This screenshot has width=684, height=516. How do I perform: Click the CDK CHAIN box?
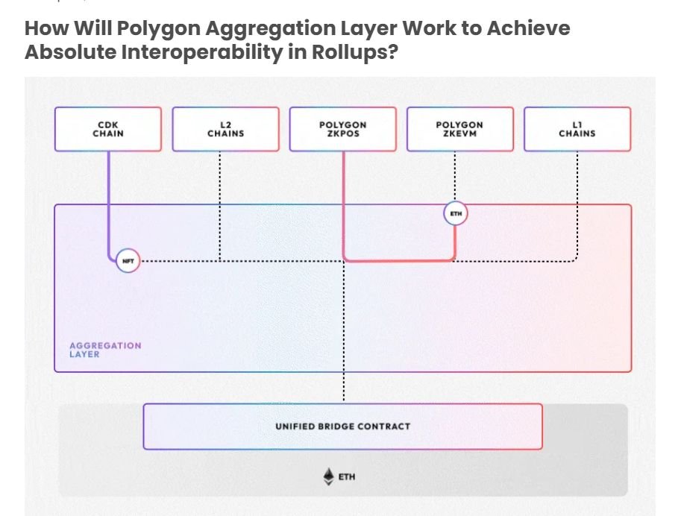click(x=108, y=129)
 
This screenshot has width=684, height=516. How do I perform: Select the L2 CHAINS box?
click(x=225, y=129)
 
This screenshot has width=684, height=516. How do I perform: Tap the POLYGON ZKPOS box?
click(x=342, y=129)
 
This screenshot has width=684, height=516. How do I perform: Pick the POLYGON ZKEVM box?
click(x=459, y=129)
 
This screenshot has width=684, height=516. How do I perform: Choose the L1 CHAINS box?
click(x=577, y=129)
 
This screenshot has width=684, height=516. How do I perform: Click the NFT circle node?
click(x=128, y=261)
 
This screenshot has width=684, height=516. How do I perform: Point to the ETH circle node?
click(x=456, y=214)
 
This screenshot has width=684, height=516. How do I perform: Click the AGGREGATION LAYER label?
click(x=105, y=350)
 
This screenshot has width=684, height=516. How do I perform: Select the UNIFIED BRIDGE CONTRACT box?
click(x=342, y=427)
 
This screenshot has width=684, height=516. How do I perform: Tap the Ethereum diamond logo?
click(x=328, y=476)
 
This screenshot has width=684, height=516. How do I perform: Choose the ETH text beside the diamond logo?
click(x=347, y=476)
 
